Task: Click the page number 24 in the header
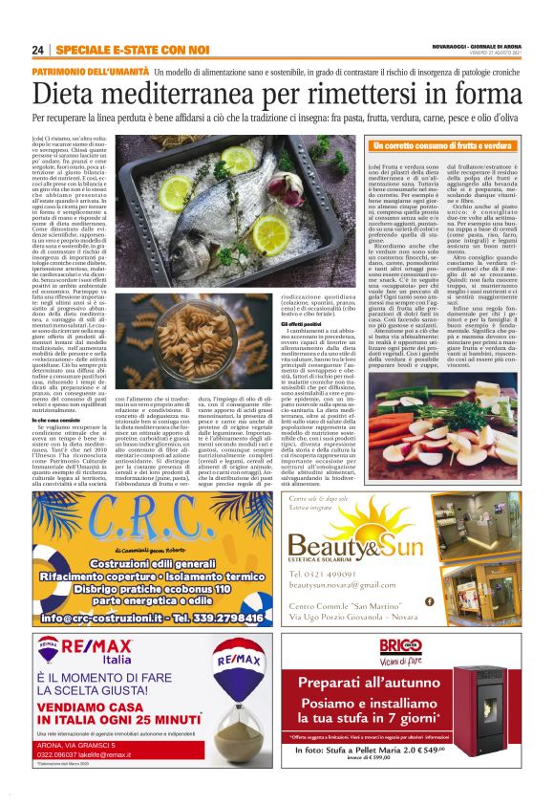(38, 49)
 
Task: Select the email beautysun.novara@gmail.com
(340, 584)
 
